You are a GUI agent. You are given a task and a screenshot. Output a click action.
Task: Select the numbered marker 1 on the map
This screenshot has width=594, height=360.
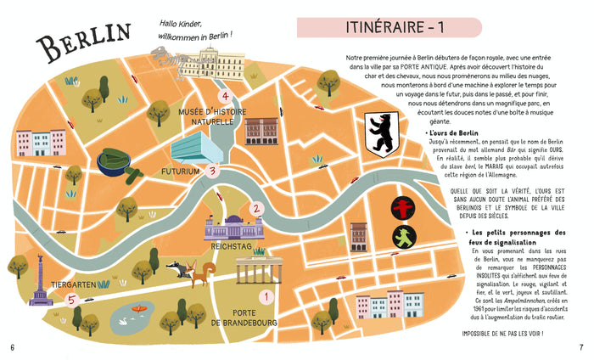pos(266,296)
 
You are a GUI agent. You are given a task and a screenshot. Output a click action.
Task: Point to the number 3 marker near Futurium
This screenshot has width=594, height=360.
pos(214,170)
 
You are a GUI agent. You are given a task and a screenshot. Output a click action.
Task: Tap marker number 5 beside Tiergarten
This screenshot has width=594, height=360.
pos(71,300)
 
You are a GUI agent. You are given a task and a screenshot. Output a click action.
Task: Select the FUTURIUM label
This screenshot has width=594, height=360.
pos(181,171)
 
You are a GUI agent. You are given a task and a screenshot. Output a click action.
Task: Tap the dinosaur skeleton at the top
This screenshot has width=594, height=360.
pos(183,59)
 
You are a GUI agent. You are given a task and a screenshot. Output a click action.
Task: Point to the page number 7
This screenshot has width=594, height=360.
pos(581,346)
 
